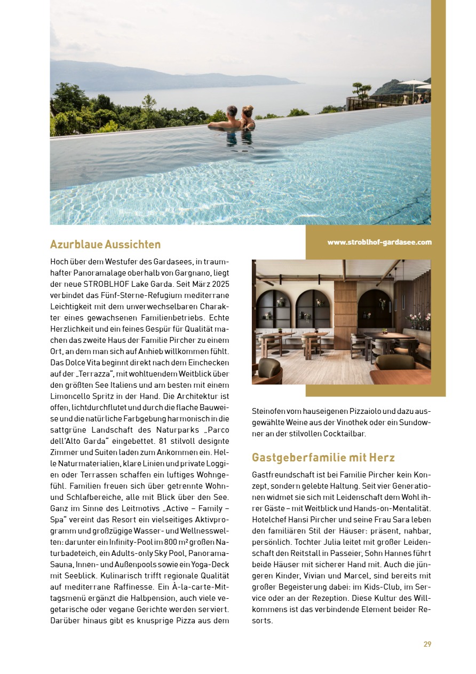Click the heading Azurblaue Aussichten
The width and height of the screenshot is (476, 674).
(105, 245)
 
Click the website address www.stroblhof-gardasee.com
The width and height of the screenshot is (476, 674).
(379, 242)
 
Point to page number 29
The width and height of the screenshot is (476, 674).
(427, 644)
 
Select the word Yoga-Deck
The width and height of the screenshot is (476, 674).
(209, 565)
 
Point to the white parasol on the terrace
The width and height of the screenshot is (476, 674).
(412, 82)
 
